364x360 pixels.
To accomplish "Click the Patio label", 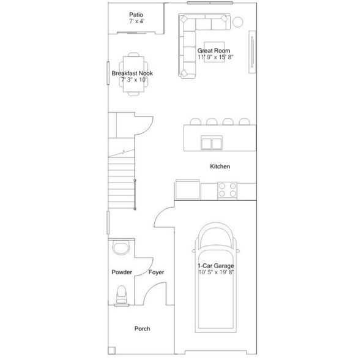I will (x=135, y=14).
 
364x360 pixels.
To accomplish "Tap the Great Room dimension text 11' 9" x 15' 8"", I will (x=216, y=58).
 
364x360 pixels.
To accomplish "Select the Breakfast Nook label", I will (x=132, y=73).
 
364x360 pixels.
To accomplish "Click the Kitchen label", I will (x=220, y=167).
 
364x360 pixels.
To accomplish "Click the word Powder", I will (x=122, y=272).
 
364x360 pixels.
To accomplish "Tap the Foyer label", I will (x=156, y=272).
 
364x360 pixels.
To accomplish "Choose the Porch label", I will (x=142, y=329).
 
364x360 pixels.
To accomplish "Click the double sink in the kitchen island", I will (x=212, y=143).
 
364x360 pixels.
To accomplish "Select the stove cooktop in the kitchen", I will (x=228, y=190).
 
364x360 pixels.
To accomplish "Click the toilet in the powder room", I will (x=122, y=294).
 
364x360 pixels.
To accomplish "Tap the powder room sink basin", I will (x=121, y=249).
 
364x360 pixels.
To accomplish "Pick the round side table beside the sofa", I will (x=237, y=23).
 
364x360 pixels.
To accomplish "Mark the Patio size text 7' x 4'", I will (x=136, y=21).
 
